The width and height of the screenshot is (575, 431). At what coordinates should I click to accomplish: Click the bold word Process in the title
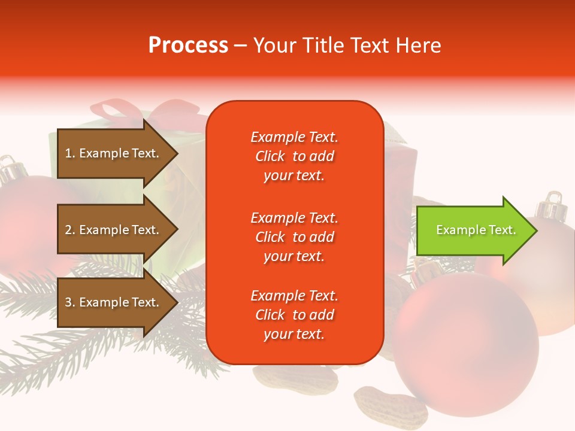pyautogui.click(x=188, y=45)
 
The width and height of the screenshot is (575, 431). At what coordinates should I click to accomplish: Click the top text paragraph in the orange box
pyautogui.click(x=294, y=156)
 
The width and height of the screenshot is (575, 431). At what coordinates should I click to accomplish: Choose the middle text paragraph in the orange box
pyautogui.click(x=294, y=237)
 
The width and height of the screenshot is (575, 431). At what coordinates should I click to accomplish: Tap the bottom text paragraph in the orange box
pyautogui.click(x=294, y=315)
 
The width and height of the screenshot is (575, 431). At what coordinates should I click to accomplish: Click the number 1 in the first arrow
pyautogui.click(x=68, y=154)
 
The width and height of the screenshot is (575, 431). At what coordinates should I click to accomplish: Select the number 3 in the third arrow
pyautogui.click(x=68, y=303)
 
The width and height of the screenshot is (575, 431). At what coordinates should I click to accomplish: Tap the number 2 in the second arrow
pyautogui.click(x=68, y=230)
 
